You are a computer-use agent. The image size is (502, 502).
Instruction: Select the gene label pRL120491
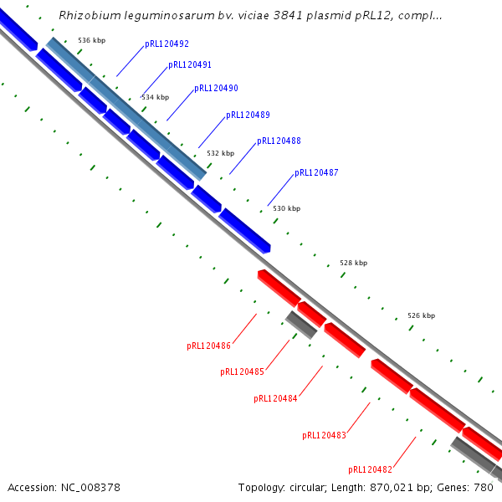pyautogui.click(x=190, y=64)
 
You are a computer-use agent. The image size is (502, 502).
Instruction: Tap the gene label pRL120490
pyautogui.click(x=216, y=88)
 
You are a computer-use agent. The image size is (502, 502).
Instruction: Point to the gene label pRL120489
pyautogui.click(x=248, y=115)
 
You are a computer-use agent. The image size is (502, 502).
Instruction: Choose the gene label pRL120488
pyautogui.click(x=279, y=141)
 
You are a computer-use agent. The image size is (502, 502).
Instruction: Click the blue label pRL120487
pyautogui.click(x=316, y=172)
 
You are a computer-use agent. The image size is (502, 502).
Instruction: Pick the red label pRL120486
pyautogui.click(x=208, y=345)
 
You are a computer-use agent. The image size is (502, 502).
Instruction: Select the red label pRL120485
pyautogui.click(x=243, y=371)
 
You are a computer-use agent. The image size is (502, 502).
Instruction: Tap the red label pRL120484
pyautogui.click(x=275, y=398)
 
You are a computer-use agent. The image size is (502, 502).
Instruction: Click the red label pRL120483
pyautogui.click(x=324, y=435)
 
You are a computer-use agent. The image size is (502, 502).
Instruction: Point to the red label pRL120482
pyautogui.click(x=371, y=469)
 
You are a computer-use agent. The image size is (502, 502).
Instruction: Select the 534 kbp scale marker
pyautogui.click(x=155, y=97)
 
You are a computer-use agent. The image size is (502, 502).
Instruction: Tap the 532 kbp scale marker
pyautogui.click(x=220, y=153)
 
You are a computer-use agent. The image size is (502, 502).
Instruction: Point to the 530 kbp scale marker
pyautogui.click(x=286, y=208)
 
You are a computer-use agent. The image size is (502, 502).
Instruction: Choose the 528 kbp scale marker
pyautogui.click(x=353, y=263)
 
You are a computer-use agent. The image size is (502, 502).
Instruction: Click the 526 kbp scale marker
pyautogui.click(x=421, y=315)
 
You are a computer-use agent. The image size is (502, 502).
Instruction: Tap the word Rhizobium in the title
pyautogui.click(x=88, y=15)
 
